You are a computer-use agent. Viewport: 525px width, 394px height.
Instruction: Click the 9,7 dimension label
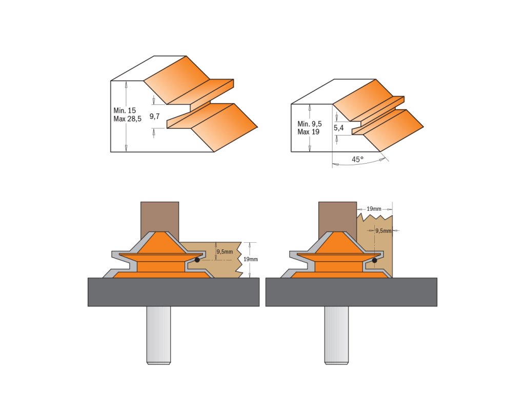click(x=154, y=116)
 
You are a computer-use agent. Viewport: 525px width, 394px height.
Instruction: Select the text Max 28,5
click(x=127, y=119)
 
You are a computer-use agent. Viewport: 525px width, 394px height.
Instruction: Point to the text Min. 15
click(x=125, y=111)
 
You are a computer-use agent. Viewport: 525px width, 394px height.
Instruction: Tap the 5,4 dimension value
click(x=338, y=128)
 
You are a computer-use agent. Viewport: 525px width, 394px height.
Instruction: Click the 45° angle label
click(x=357, y=160)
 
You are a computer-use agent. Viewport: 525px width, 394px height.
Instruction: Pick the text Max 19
click(x=308, y=132)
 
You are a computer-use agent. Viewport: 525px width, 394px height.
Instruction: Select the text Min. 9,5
click(x=309, y=124)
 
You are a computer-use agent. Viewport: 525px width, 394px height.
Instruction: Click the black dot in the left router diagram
click(x=197, y=260)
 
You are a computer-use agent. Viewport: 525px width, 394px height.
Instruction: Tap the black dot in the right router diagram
click(x=375, y=260)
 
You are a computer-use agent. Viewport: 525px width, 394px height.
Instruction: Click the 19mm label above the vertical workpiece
click(x=374, y=209)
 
